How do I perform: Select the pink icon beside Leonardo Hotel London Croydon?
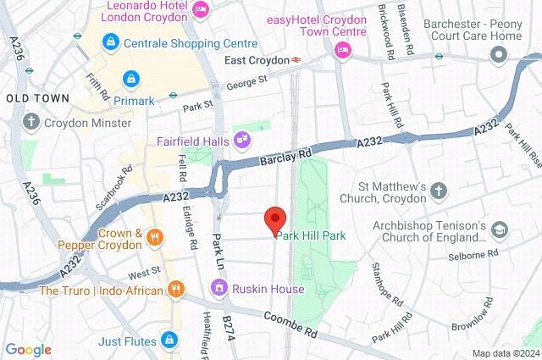click(x=202, y=9)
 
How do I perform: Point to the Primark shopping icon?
click(x=129, y=78)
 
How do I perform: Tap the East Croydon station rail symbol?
click(x=297, y=60)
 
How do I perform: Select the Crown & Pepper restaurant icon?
click(x=154, y=238)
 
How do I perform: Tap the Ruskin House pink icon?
click(x=219, y=289)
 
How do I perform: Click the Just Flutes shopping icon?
click(x=172, y=341)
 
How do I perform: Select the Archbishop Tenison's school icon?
click(x=500, y=230)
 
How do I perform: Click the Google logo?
click(x=28, y=349)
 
